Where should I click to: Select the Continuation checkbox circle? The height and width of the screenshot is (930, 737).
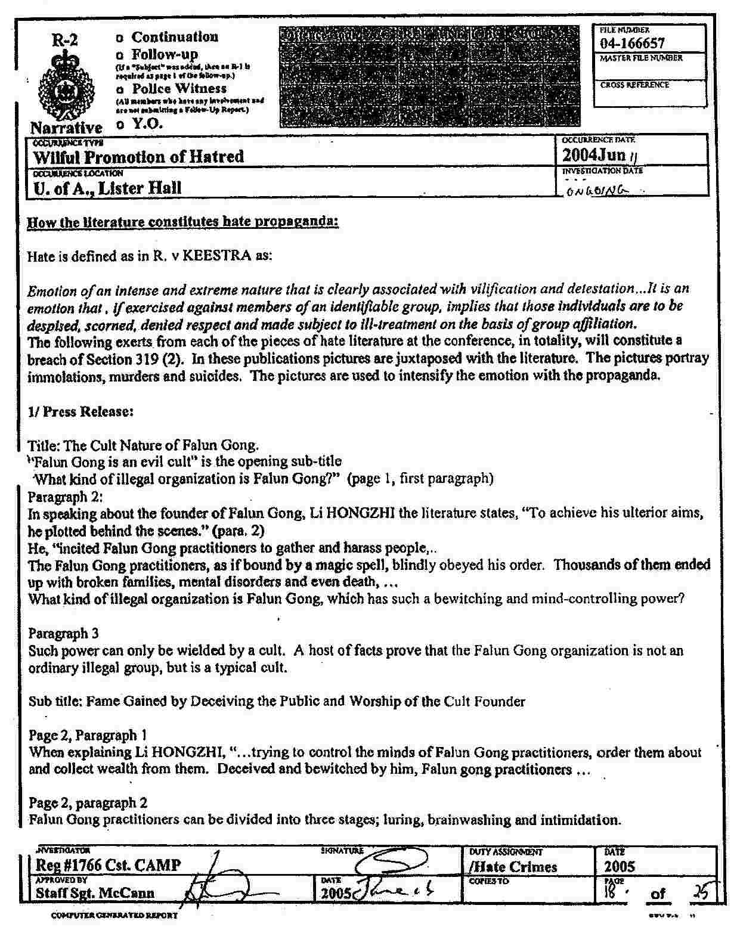point(120,38)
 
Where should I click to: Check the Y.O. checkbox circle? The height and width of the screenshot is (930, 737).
point(121,125)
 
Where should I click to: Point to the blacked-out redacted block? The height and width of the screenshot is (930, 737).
point(429,76)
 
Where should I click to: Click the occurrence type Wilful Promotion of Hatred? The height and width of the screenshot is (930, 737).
point(138,157)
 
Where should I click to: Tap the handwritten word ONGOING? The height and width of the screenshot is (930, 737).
point(596,190)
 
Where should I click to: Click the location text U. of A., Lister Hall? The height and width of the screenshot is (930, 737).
point(107,188)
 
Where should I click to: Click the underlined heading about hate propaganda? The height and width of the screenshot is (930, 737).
point(183,222)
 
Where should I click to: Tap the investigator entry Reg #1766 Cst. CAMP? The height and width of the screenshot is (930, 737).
point(109,865)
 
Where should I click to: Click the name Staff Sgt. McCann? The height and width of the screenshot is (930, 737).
point(95,893)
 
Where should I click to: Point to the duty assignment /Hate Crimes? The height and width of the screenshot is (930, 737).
point(513,867)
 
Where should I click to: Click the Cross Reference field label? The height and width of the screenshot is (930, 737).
point(634,85)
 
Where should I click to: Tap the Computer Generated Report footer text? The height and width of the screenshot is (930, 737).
point(114,915)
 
